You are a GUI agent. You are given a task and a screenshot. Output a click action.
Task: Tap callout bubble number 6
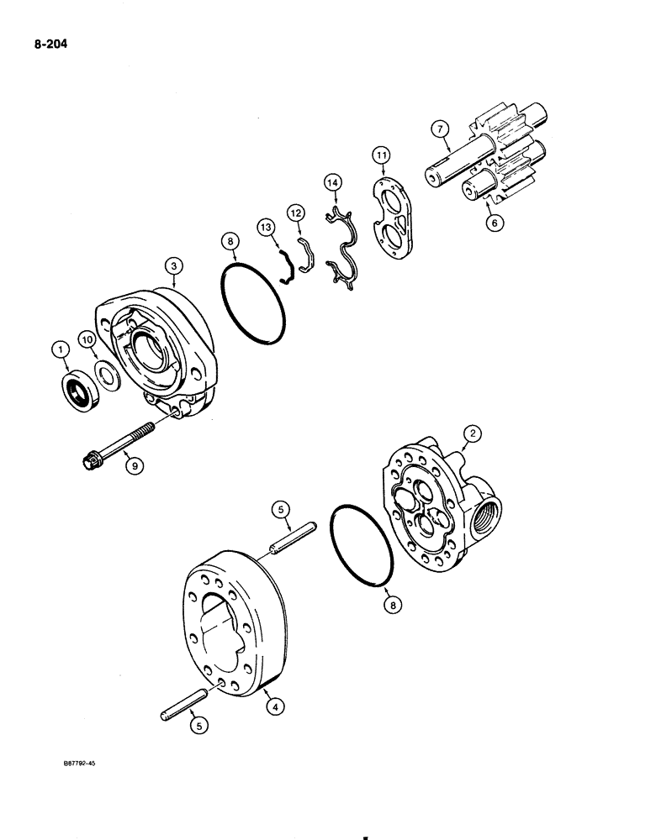click(x=496, y=224)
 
